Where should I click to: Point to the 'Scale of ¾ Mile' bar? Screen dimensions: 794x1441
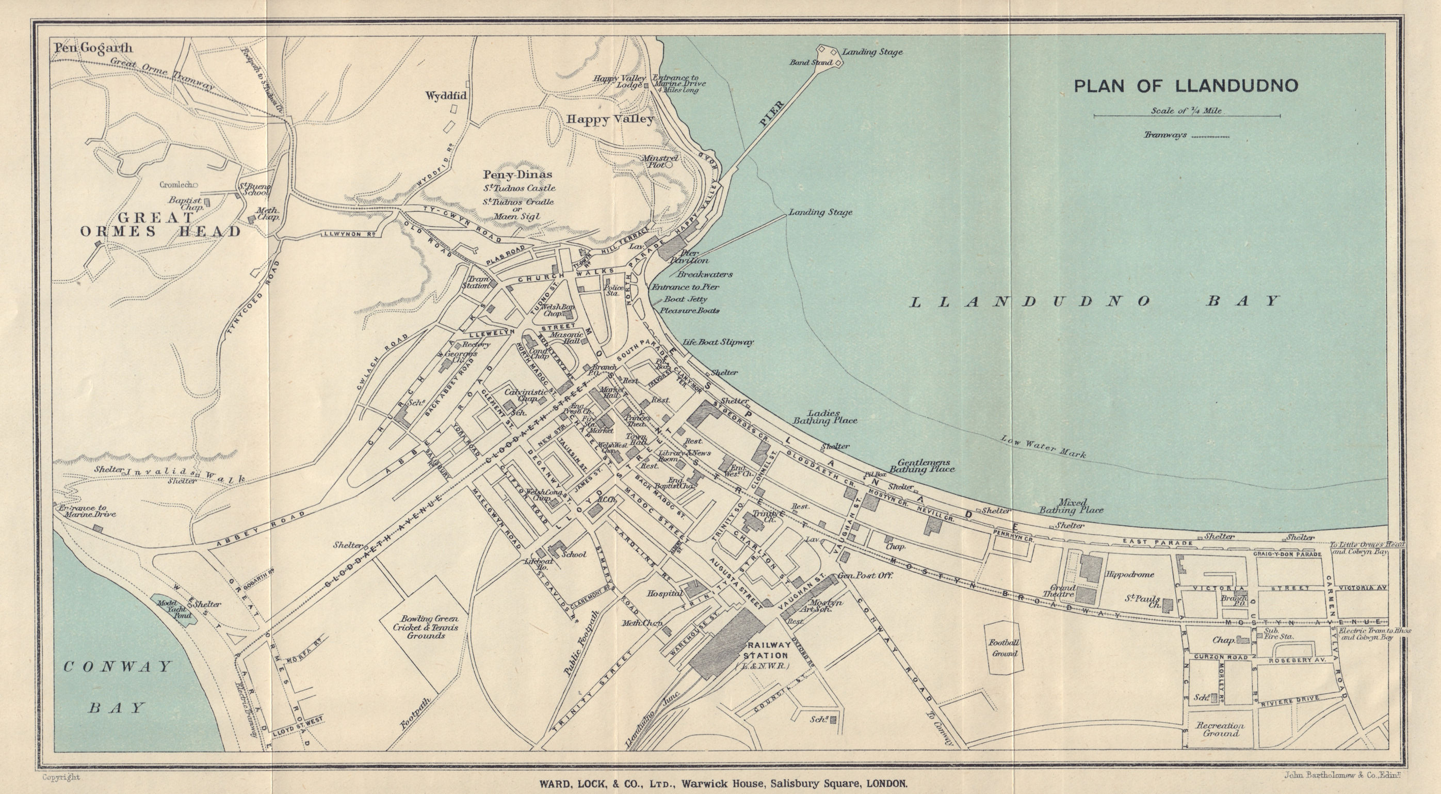1187,116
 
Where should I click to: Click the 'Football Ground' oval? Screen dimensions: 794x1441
1005,647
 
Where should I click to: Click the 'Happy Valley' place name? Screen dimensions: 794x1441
610,119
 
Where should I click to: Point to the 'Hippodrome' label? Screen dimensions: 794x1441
1130,574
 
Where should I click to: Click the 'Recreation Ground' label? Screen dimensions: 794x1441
1220,729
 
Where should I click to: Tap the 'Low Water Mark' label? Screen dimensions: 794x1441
1043,447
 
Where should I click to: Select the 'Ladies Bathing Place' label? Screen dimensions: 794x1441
824,416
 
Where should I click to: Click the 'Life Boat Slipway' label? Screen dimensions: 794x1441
718,341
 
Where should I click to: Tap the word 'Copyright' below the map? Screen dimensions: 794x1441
61,776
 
